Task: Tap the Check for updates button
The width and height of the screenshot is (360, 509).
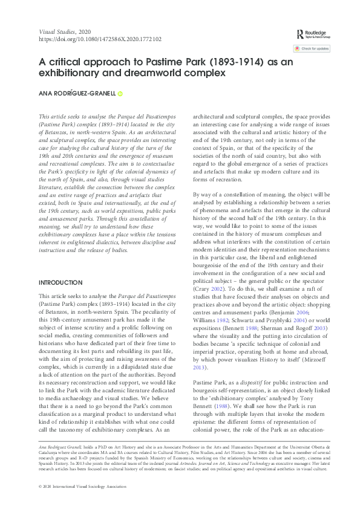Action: click(x=312, y=48)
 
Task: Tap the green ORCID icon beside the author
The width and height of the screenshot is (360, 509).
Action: click(x=120, y=94)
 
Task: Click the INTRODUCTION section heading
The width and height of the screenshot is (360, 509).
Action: click(x=61, y=283)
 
